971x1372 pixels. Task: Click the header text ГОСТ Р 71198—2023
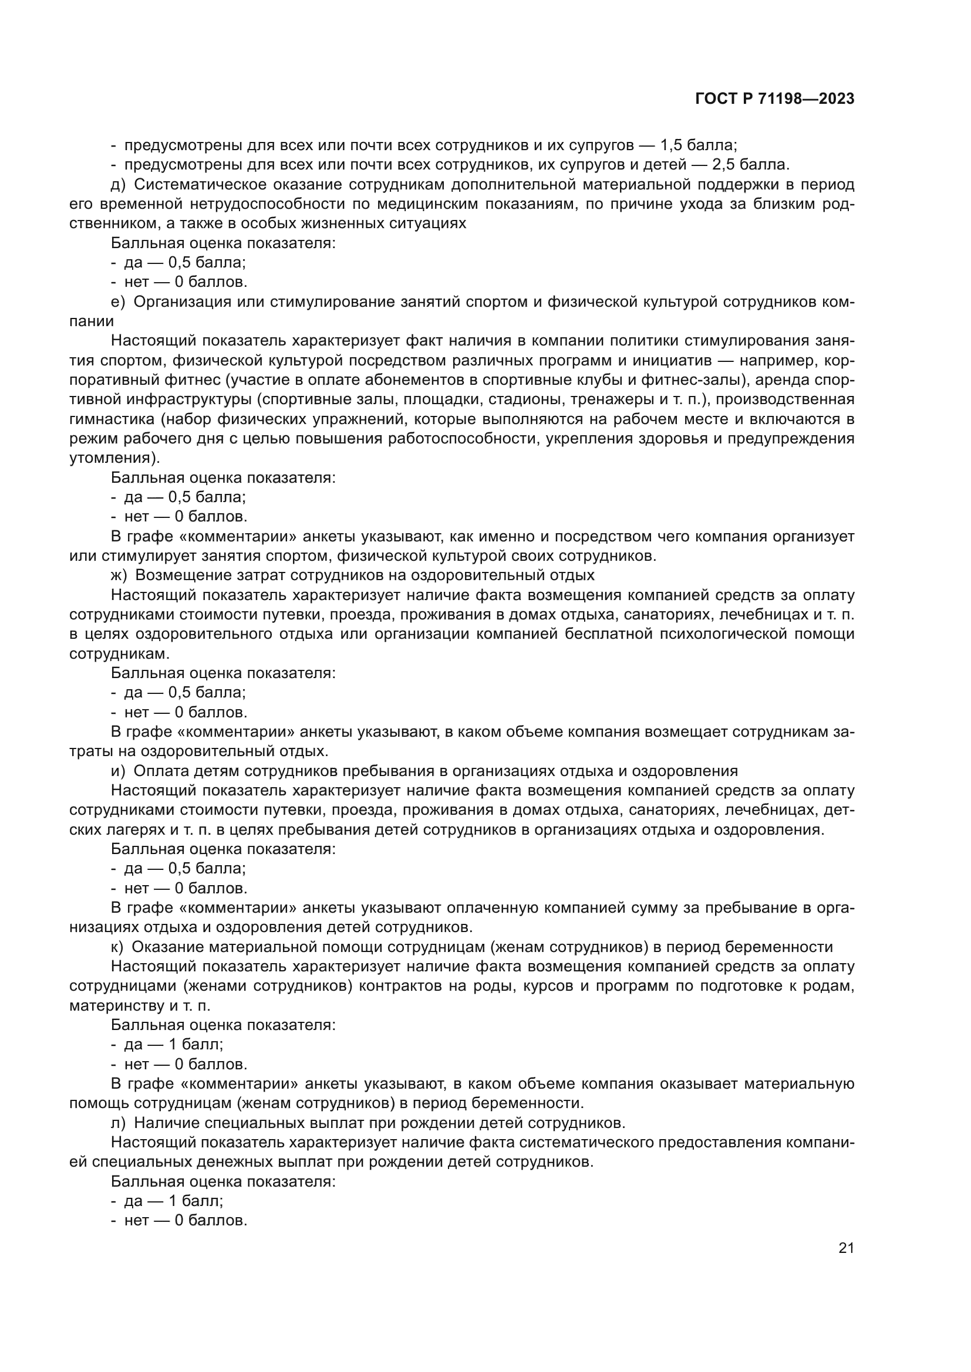click(x=775, y=99)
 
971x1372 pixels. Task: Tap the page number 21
click(x=846, y=1248)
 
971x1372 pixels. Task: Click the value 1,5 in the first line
click(x=675, y=145)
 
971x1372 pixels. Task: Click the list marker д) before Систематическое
click(x=118, y=185)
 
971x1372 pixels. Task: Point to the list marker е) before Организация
click(x=118, y=301)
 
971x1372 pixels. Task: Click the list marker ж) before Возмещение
click(x=119, y=575)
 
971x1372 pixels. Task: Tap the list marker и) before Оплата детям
click(x=118, y=771)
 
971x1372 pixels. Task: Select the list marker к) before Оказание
click(x=117, y=947)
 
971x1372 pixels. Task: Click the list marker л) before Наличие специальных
click(x=118, y=1123)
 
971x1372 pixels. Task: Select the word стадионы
click(x=526, y=399)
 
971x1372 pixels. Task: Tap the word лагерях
click(x=129, y=830)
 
